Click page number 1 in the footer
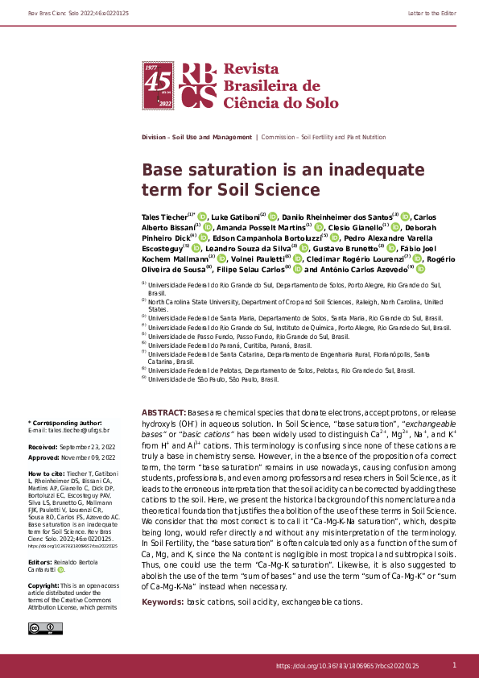tap(455, 664)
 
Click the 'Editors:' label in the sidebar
tap(42, 561)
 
